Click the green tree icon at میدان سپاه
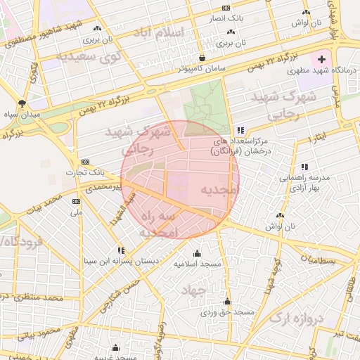coord(30,103)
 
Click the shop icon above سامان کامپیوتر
coord(202,58)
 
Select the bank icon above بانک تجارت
coord(86,162)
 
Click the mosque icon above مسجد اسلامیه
coord(196,253)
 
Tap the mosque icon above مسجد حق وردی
coord(226,302)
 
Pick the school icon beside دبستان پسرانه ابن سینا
coord(122,250)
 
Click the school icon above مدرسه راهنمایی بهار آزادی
coord(304,167)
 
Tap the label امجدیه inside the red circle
coord(220,190)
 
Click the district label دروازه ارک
coord(298,319)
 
